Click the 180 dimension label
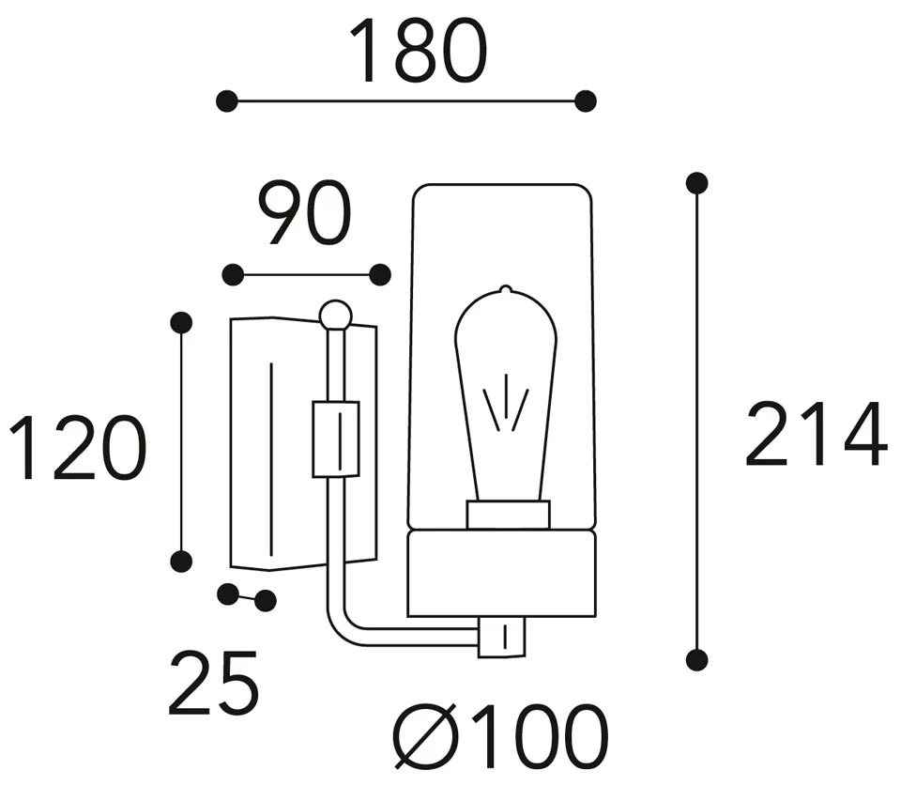pos(418,52)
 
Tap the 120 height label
pos(78,449)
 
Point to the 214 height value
pos(815,434)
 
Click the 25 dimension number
pos(213,682)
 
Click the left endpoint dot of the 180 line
pos(226,101)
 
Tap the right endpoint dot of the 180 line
pos(586,101)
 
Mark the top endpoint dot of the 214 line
pos(696,183)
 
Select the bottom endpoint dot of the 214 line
pos(696,660)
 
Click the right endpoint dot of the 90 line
pos(380,275)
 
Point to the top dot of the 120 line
pos(182,323)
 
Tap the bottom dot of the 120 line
pos(182,562)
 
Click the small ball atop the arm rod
pos(335,315)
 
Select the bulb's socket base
pos(508,515)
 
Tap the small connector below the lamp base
pos(504,637)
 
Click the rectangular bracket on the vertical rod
pos(335,439)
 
